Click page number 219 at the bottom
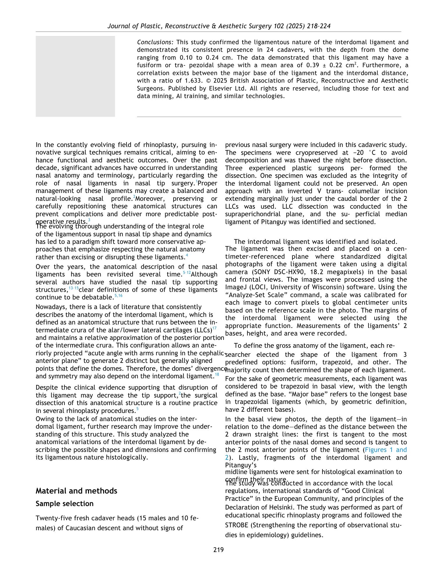coord(218,550)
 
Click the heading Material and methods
coord(76,491)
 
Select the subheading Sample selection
coord(64,504)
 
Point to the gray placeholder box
coord(75,76)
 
